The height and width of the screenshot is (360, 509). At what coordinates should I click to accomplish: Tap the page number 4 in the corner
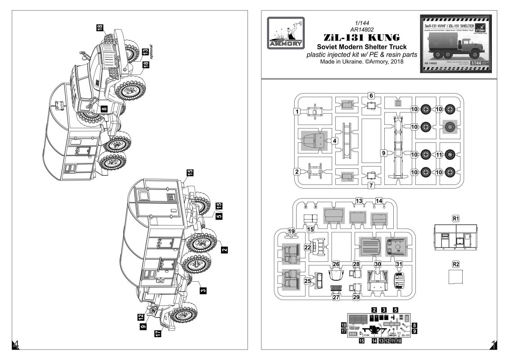[16, 345]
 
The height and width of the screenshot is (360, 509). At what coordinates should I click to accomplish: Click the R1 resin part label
[455, 218]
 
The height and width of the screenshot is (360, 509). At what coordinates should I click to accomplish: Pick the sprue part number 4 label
[335, 141]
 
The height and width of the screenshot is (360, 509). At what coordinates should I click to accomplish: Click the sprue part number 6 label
[371, 95]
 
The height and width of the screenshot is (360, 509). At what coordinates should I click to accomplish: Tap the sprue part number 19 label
[292, 231]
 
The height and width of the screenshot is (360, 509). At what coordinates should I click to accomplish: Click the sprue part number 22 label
[308, 247]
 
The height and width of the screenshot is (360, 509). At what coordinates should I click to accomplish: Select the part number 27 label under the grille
[336, 297]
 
